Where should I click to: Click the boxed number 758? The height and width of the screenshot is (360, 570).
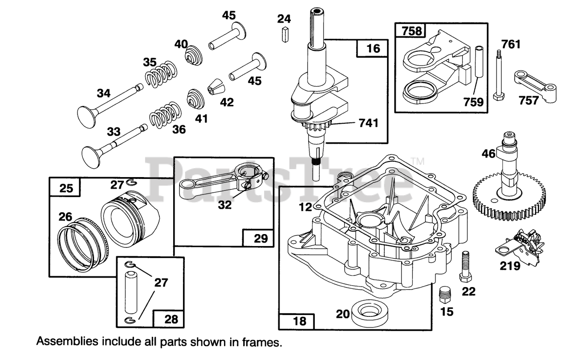(x=411, y=31)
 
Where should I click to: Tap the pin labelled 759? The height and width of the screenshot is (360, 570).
(x=479, y=61)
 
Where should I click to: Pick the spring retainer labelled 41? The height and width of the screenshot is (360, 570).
(x=194, y=98)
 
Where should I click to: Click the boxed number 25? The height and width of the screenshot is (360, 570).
(x=65, y=187)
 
